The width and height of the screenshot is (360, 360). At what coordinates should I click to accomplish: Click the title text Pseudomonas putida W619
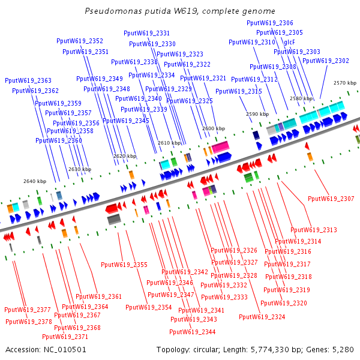click(180, 11)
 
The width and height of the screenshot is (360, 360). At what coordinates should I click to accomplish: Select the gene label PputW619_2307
click(331, 199)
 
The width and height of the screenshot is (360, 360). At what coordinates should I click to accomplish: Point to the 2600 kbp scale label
click(214, 128)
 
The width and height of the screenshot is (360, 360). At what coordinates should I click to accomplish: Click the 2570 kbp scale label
click(345, 83)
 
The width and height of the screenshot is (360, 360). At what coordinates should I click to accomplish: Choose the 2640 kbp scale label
click(35, 181)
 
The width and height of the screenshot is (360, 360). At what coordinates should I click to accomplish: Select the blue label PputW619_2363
click(28, 80)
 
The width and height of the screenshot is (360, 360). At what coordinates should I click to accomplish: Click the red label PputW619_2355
click(124, 265)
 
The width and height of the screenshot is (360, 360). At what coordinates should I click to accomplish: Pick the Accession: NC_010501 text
click(39, 349)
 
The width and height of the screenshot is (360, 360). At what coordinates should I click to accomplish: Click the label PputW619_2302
click(326, 61)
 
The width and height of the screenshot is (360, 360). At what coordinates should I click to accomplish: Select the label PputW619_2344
click(193, 332)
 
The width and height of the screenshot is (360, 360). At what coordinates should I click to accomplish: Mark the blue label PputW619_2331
click(146, 33)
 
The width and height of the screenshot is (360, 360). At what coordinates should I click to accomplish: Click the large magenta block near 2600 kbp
click(219, 147)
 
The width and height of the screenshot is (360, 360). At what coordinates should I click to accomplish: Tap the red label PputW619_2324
click(262, 317)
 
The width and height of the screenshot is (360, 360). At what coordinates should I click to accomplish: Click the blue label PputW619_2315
click(239, 91)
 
